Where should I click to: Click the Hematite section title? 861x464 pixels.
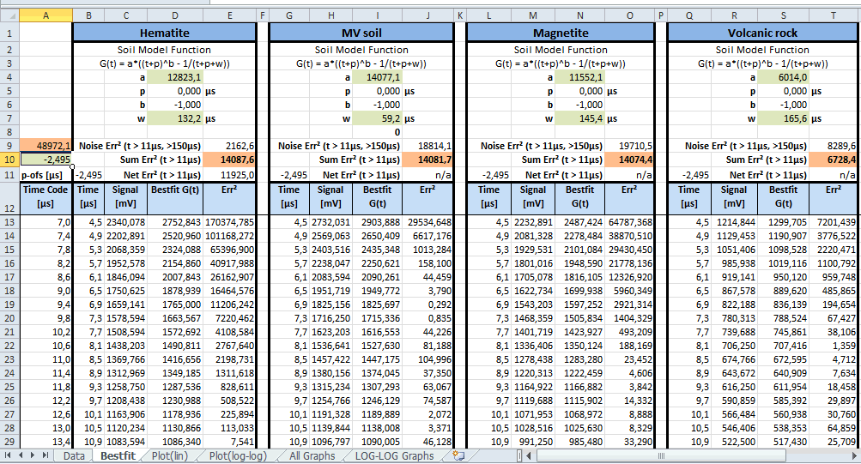[164, 33]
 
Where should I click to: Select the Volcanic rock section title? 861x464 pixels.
[762, 33]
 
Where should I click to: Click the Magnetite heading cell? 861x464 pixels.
[561, 33]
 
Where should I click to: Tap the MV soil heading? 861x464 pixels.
[361, 33]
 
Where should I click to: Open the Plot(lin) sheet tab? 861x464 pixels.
[170, 455]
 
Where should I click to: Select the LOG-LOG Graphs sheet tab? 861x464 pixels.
[394, 455]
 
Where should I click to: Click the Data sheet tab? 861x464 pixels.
[74, 455]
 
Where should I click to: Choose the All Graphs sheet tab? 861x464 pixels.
[312, 455]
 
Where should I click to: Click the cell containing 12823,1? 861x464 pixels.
[175, 77]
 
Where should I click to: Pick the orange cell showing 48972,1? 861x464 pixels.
[46, 146]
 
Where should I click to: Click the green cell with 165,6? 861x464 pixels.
[783, 118]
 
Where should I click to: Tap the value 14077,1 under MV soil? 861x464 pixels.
[377, 77]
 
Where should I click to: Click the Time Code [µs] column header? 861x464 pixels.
[46, 196]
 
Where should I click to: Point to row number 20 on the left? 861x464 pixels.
[9, 318]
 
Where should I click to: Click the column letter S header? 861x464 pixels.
[783, 15]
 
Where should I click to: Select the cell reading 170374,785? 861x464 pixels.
[229, 222]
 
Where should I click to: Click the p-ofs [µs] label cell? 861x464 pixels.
[46, 175]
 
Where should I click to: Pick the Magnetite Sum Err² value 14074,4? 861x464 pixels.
[629, 160]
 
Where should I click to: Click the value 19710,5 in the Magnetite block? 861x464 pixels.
[629, 146]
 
